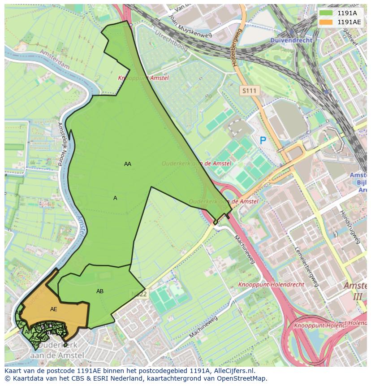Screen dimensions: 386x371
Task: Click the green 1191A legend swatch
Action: click(326, 13)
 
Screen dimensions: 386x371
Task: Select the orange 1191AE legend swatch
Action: click(326, 22)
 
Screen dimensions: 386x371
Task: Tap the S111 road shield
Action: click(249, 91)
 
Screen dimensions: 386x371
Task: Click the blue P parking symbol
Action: click(263, 141)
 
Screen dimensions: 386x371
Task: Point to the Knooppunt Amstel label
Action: click(143, 78)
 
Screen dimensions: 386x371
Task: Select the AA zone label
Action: click(128, 164)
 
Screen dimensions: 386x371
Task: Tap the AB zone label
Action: click(100, 291)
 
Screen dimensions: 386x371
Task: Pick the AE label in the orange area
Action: click(54, 309)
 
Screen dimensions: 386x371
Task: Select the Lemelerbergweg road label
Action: click(306, 266)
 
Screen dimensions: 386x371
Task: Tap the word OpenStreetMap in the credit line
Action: click(245, 378)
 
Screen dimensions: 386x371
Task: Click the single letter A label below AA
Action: click(115, 198)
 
